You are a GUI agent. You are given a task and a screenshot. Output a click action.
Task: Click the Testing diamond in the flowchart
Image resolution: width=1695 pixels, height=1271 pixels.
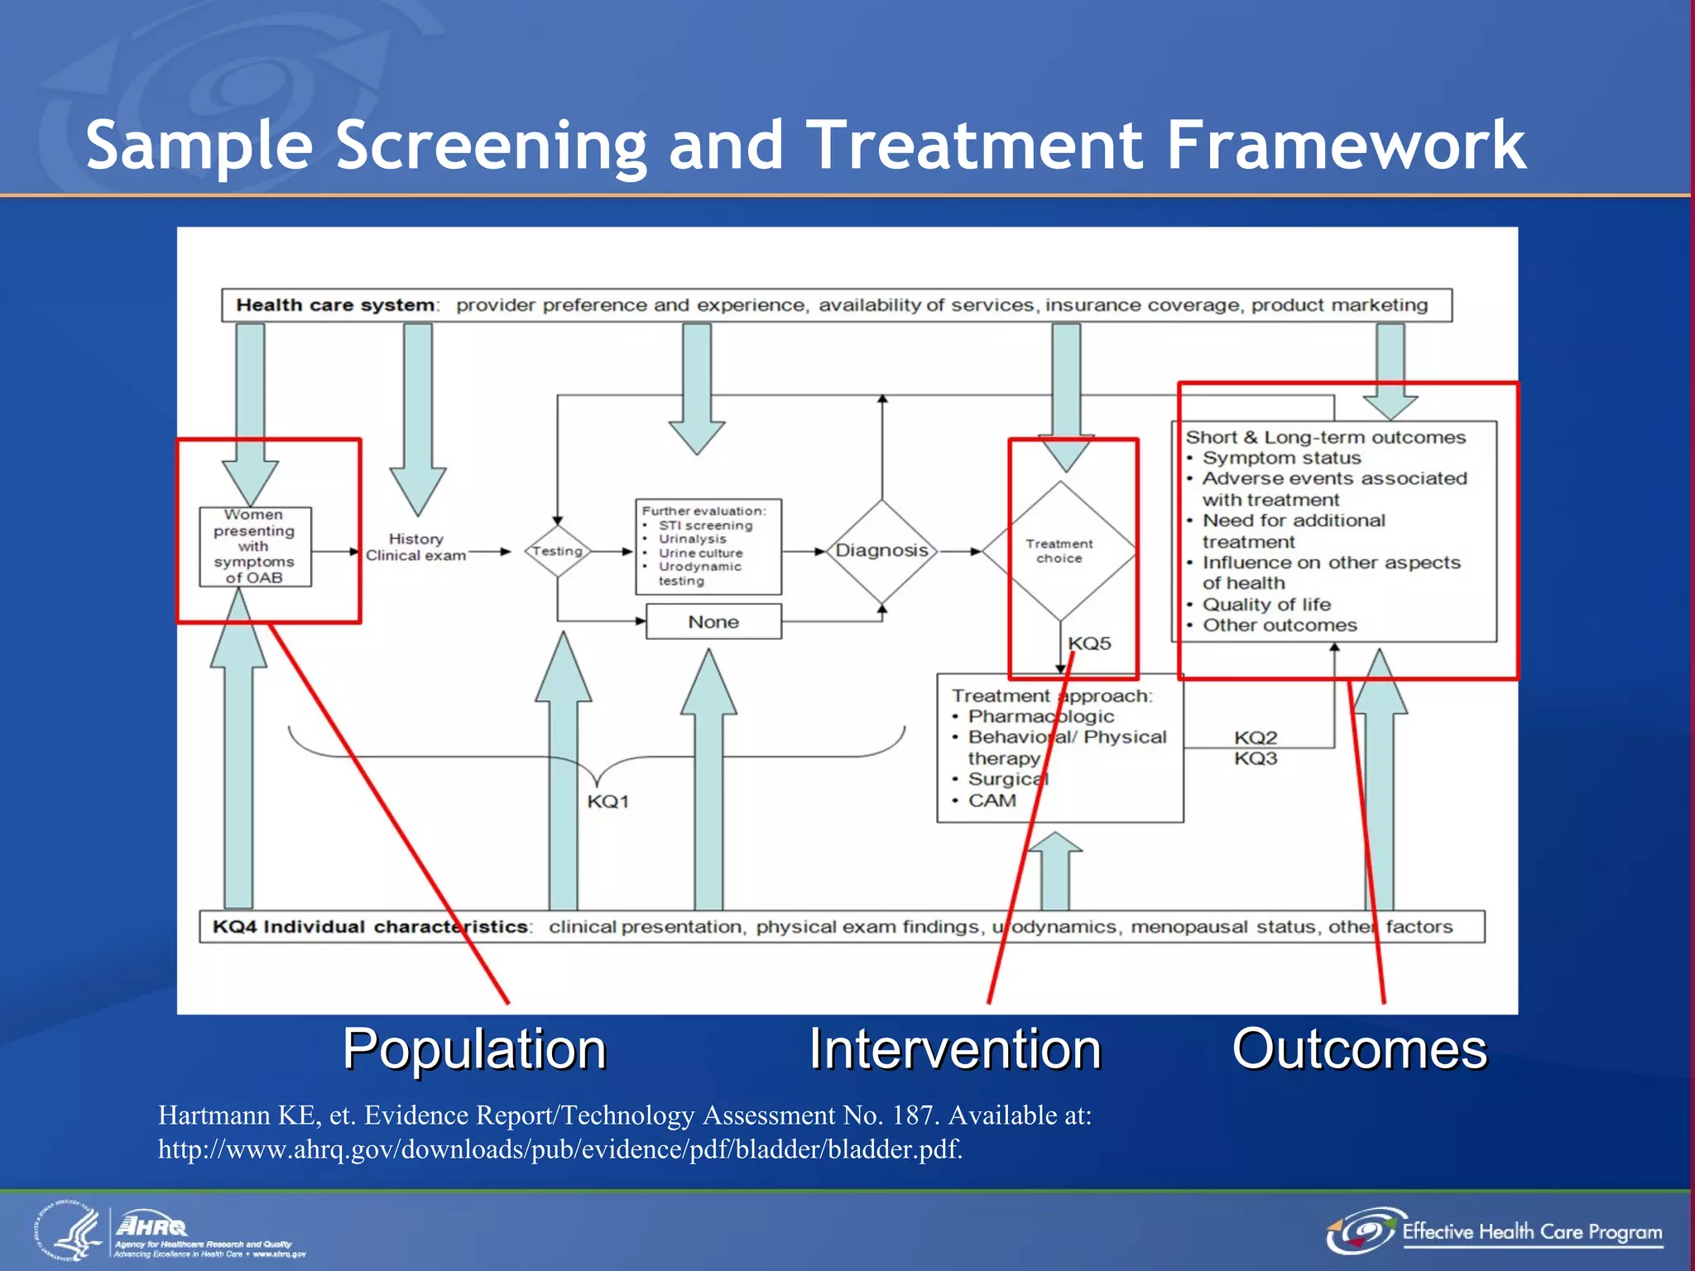click(x=557, y=551)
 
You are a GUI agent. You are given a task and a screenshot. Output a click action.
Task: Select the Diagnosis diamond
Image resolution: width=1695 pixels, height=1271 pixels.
click(x=881, y=550)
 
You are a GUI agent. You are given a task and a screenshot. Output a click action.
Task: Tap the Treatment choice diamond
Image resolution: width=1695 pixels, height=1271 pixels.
click(x=1059, y=551)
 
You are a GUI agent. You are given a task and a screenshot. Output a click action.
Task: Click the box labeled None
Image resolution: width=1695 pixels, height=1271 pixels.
click(x=713, y=621)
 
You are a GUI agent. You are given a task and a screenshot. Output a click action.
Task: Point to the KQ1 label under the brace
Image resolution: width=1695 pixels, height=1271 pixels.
click(x=608, y=801)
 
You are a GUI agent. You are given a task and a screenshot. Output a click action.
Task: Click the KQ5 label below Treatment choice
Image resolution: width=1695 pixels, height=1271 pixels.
click(x=1089, y=644)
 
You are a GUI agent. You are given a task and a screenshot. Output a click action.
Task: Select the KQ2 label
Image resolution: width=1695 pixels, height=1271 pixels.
click(x=1256, y=737)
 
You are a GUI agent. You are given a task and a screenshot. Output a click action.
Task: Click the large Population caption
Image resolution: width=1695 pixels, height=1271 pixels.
click(x=474, y=1049)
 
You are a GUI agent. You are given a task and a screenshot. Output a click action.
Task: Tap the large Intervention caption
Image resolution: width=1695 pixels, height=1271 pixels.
click(x=954, y=1049)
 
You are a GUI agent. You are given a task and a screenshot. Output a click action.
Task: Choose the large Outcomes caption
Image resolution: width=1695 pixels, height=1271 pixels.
click(x=1359, y=1049)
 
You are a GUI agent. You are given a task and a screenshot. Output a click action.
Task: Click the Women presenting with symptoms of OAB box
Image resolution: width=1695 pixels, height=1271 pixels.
click(x=255, y=547)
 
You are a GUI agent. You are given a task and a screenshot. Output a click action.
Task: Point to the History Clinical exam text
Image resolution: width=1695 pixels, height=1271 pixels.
click(x=415, y=547)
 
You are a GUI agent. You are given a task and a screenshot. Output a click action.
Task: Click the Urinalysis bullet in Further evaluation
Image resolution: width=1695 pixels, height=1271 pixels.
click(x=692, y=539)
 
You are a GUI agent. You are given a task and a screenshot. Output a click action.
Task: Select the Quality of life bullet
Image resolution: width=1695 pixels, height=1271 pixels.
click(x=1265, y=604)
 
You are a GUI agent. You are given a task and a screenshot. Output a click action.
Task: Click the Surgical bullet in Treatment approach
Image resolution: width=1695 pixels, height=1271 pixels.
click(x=1006, y=779)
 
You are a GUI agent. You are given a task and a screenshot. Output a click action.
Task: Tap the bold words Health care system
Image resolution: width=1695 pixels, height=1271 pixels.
click(x=335, y=305)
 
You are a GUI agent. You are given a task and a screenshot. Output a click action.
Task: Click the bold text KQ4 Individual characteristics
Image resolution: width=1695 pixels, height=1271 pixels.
click(x=370, y=927)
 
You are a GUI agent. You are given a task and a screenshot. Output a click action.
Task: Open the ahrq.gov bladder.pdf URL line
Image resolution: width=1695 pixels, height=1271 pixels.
click(x=559, y=1149)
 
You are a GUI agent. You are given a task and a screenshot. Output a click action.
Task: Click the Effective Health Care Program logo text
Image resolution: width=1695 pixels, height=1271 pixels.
click(x=1531, y=1232)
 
